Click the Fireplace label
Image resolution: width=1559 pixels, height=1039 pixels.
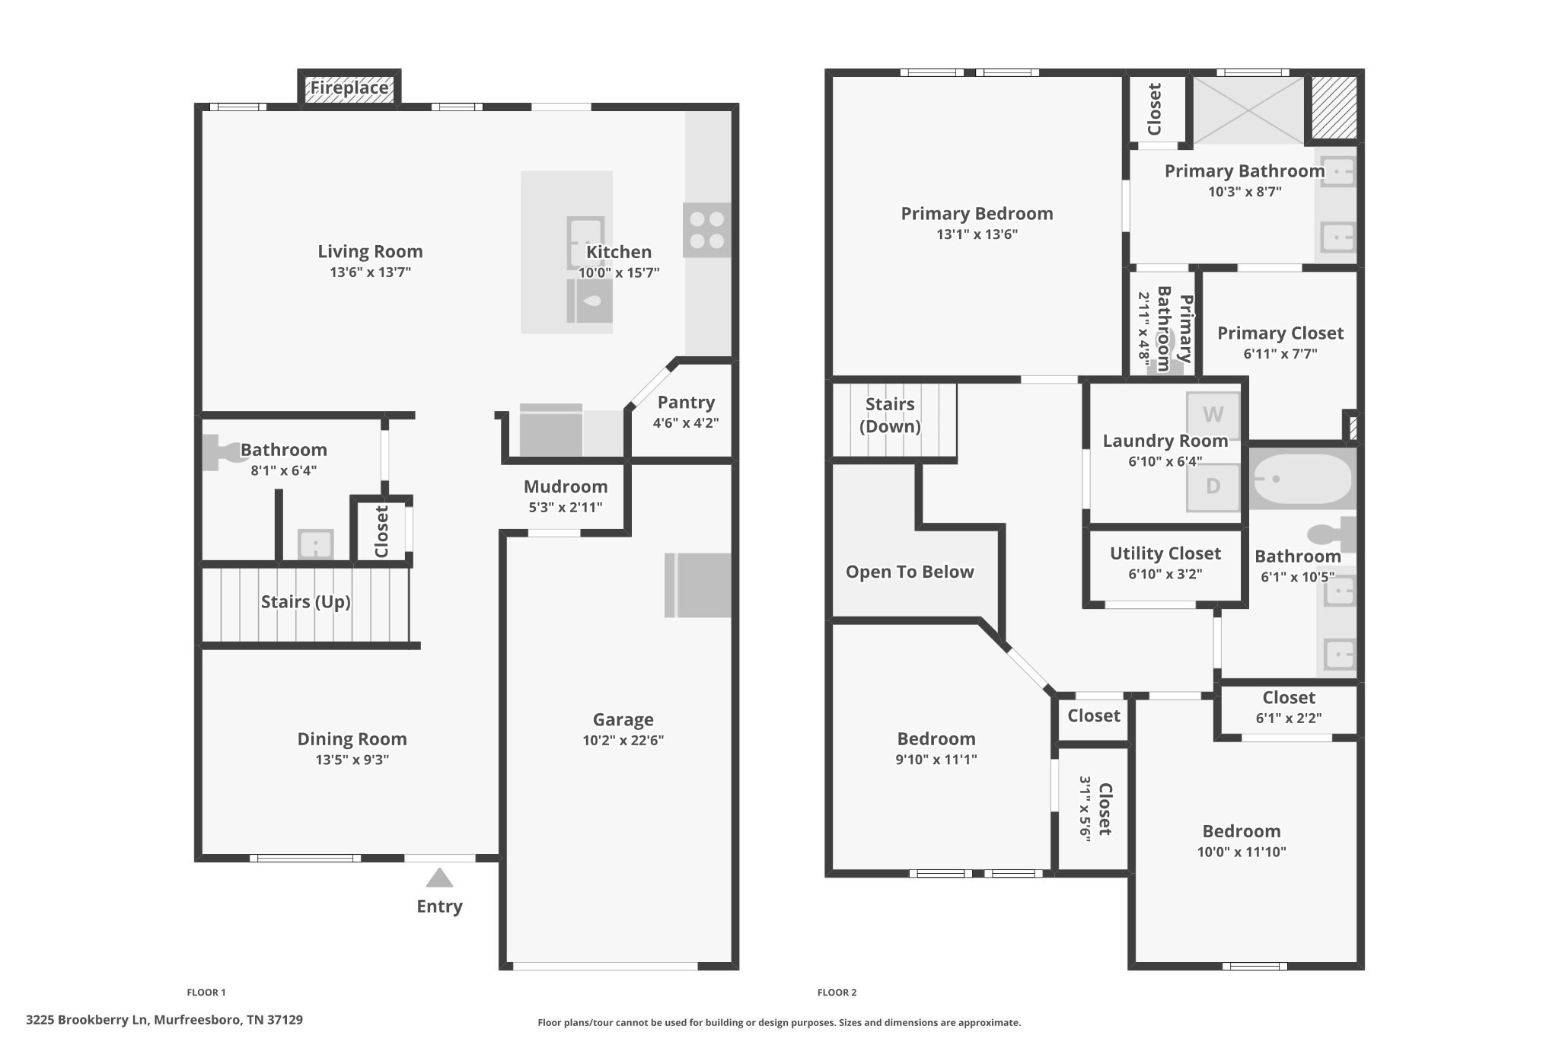tap(349, 88)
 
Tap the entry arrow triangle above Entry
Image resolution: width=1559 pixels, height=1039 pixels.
tap(439, 878)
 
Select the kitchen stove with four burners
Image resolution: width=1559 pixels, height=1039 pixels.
tap(707, 230)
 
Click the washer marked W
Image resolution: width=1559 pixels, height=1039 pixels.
tap(1213, 415)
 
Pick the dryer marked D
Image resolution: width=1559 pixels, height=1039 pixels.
tap(1213, 486)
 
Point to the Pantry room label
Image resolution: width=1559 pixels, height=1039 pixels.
tap(686, 403)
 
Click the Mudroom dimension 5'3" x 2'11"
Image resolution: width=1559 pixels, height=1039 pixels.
tap(566, 507)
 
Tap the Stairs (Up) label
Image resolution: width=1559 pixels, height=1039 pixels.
tap(306, 602)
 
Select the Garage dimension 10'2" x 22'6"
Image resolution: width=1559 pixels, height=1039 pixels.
tap(623, 740)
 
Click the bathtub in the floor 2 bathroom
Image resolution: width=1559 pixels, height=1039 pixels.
tap(1301, 479)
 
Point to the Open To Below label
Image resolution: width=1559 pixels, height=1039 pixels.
tap(910, 572)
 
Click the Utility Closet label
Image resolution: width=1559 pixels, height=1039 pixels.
tap(1165, 553)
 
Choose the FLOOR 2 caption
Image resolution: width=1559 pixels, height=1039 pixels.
tap(837, 992)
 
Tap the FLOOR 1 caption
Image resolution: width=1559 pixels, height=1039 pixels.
tap(206, 992)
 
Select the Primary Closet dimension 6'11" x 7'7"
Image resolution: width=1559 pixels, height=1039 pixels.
tap(1280, 353)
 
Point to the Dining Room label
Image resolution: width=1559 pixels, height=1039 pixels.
tap(352, 739)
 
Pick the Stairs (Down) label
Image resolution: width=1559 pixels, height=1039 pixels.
tap(890, 415)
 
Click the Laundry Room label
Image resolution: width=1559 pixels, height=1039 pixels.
tap(1165, 441)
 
